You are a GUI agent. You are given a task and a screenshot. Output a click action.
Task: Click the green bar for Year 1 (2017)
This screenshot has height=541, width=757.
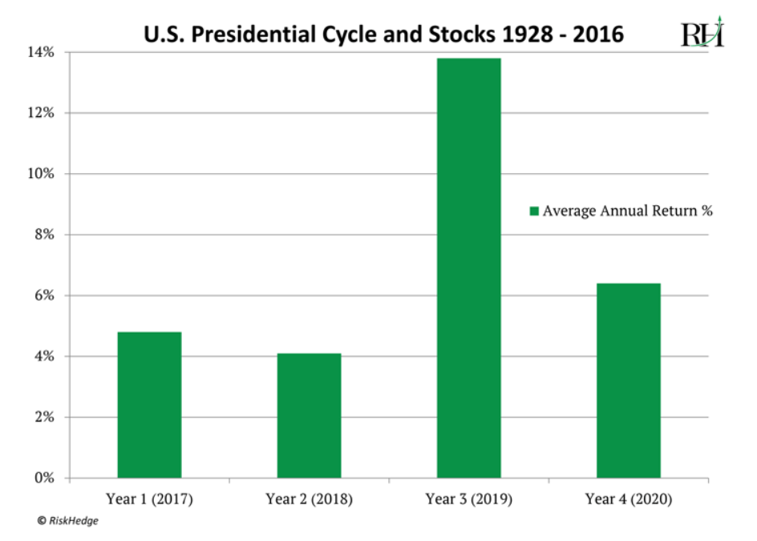(149, 405)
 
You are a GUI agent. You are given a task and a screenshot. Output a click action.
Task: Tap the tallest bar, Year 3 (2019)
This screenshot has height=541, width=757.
(468, 268)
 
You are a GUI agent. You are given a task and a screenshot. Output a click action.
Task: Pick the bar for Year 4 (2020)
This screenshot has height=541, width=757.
(628, 381)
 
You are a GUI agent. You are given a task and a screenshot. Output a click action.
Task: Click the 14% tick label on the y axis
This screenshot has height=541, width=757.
(43, 53)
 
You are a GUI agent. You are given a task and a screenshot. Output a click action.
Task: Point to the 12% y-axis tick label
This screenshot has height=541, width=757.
(43, 113)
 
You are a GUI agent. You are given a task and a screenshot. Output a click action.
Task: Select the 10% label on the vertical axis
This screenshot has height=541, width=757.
(43, 174)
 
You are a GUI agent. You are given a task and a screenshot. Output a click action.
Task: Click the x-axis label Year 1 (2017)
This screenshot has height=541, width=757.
(149, 499)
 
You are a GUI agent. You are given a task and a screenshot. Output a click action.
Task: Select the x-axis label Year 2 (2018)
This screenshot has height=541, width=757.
(309, 499)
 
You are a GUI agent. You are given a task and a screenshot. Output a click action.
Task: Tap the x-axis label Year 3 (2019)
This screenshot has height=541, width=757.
(468, 499)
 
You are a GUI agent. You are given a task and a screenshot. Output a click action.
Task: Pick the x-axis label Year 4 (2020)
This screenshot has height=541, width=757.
(628, 499)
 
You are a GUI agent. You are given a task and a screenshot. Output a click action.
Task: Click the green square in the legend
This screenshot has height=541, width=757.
(533, 212)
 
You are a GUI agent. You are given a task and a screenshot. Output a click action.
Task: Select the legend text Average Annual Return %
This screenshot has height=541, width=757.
(627, 212)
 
